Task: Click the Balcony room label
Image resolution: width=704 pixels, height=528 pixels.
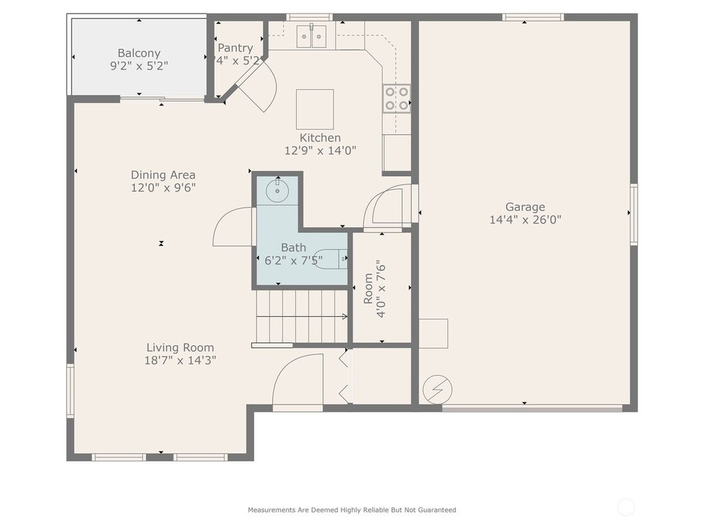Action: coord(139,53)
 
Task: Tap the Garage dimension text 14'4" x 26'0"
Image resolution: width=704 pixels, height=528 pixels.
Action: coord(525,219)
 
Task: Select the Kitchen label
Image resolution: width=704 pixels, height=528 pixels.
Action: coord(320,137)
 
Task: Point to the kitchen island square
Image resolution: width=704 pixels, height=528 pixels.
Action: coord(315,109)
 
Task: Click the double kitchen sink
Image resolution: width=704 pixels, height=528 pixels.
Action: coord(311,36)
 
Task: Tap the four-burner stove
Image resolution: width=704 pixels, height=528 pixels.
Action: coord(397,98)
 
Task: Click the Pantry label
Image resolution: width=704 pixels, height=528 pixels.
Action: coord(235,47)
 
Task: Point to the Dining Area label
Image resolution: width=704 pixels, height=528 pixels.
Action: coord(163,175)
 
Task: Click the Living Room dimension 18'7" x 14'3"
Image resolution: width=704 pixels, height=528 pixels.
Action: coord(180,360)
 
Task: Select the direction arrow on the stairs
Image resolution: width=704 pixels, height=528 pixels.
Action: coord(302,316)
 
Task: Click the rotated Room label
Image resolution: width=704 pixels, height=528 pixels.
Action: coord(368,289)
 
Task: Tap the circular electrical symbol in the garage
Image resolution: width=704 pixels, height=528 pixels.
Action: coord(437,390)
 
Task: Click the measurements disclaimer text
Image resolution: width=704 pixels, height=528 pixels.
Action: coord(352,509)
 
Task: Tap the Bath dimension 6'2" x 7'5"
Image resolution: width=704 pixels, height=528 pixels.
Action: coord(294,260)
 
